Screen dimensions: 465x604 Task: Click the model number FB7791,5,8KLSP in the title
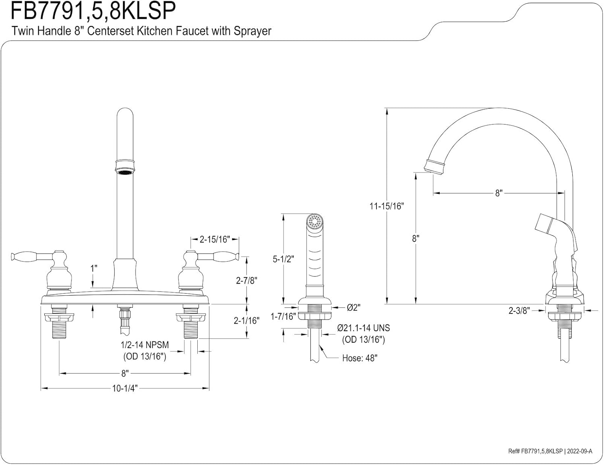[93, 11]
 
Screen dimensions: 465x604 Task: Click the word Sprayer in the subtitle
[252, 31]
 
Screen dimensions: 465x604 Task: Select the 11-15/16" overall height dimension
[387, 206]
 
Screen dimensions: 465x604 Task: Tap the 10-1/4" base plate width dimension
[125, 388]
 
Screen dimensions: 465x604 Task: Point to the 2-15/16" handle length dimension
[215, 239]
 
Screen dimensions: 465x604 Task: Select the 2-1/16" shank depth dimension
[246, 320]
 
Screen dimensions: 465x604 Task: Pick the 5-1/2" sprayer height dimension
[283, 259]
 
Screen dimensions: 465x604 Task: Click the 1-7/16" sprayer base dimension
[283, 316]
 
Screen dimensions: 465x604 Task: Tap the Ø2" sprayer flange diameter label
[353, 307]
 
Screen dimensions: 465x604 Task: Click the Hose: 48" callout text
[360, 358]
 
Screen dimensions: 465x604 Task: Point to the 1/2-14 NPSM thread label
[145, 345]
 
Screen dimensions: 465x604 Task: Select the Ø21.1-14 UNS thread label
[364, 328]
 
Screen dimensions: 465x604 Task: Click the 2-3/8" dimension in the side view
[519, 310]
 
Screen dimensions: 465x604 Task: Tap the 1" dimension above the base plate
[93, 268]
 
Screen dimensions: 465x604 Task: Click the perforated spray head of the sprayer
[315, 221]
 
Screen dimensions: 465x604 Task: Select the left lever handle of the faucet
[28, 256]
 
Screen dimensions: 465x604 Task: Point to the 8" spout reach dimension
[499, 193]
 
